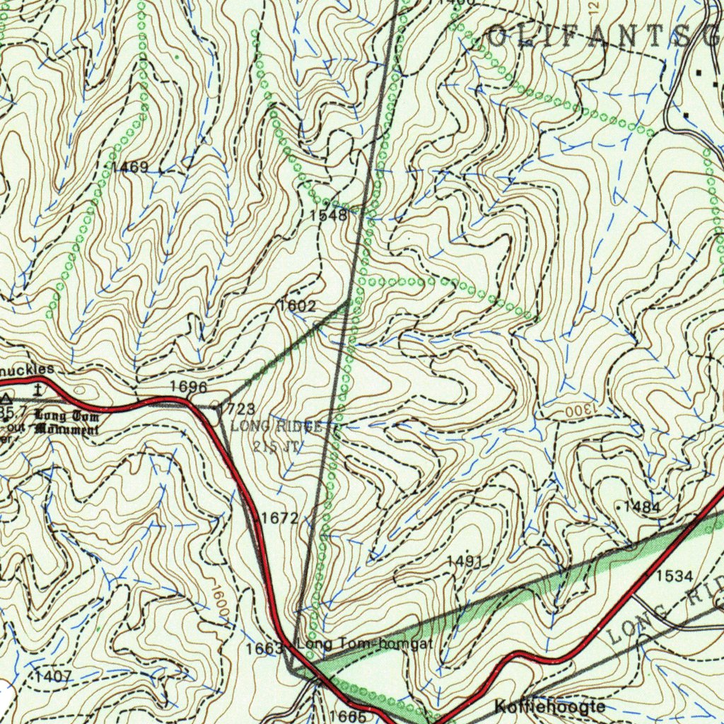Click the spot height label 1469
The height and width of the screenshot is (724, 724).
130,168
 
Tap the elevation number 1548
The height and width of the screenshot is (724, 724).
328,216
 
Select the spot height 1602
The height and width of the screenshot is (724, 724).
297,306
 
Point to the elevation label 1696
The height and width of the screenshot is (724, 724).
189,387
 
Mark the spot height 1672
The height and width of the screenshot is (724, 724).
279,518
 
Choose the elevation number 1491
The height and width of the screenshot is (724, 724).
465,561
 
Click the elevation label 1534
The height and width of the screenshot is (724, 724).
674,576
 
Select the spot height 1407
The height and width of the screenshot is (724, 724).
54,676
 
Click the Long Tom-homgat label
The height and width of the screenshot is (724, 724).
365,644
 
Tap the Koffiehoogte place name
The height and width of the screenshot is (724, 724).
550,706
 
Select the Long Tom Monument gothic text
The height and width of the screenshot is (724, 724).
66,422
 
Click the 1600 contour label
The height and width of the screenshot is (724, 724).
220,603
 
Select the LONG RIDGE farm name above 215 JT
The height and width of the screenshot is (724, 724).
276,426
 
